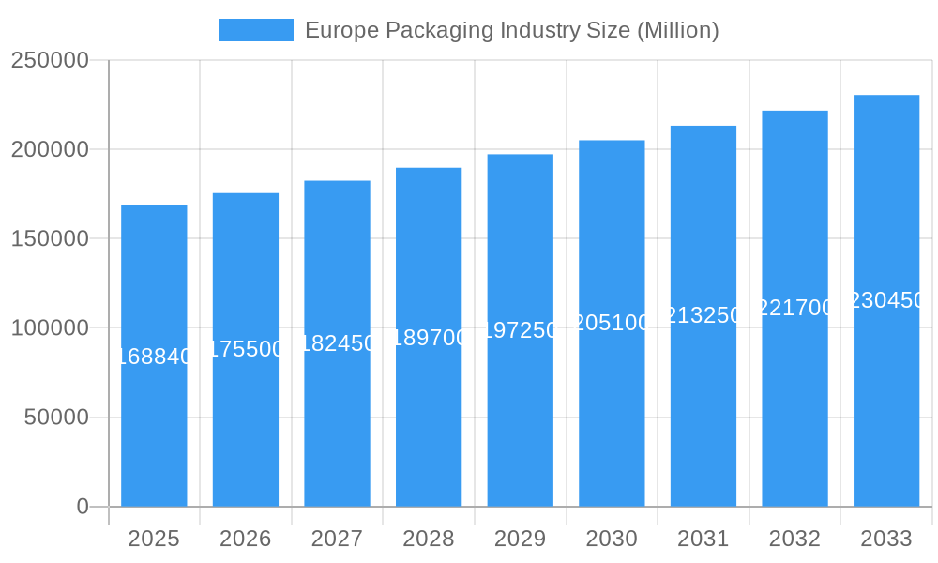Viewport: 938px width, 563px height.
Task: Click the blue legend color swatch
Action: pos(255,30)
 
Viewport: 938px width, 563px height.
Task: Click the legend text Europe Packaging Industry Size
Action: pos(511,30)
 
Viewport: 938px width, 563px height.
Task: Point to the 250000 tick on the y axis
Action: pos(50,60)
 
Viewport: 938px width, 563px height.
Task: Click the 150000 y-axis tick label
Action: pos(50,238)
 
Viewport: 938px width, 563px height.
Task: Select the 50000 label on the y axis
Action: pos(56,418)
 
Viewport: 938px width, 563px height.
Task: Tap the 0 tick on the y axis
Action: pos(83,507)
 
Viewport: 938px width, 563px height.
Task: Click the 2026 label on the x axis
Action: pos(246,539)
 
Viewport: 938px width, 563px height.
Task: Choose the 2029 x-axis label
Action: pos(520,539)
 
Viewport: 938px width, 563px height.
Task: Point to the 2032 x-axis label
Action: pos(794,539)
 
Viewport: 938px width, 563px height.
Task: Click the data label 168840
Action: pos(154,357)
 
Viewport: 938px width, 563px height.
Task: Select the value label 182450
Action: pos(337,343)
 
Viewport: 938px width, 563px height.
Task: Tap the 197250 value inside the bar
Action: pos(520,330)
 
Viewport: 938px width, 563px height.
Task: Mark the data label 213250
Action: pos(703,315)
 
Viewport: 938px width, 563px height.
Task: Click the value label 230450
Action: pos(886,300)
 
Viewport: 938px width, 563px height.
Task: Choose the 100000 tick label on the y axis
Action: pos(50,328)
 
